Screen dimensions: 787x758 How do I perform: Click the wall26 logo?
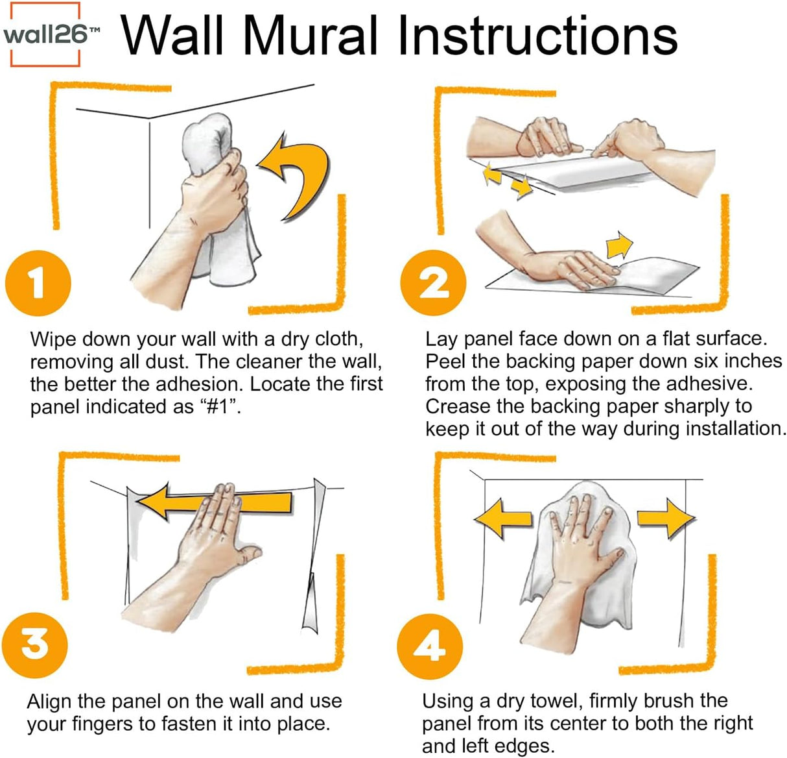45,34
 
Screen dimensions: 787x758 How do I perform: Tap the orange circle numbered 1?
38,283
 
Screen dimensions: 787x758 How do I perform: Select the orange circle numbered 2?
433,283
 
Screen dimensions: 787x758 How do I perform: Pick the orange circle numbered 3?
35,645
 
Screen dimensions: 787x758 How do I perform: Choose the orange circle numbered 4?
430,646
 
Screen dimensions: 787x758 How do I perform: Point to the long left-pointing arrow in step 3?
215,502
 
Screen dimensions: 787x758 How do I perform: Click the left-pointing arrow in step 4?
502,519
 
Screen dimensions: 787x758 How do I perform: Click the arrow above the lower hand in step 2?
619,245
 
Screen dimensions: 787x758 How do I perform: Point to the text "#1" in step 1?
218,406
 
